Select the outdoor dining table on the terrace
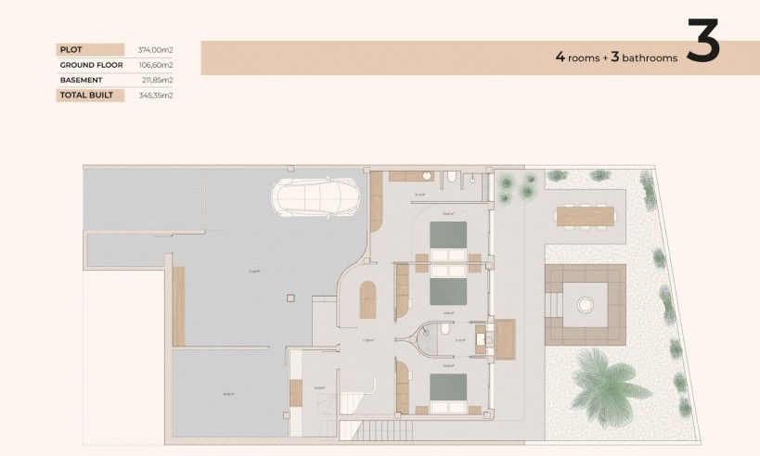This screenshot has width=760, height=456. pyautogui.click(x=585, y=216)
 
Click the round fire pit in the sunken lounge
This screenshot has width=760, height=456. pyautogui.click(x=585, y=302)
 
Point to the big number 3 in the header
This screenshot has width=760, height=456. pyautogui.click(x=702, y=42)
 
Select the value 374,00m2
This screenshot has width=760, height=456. pyautogui.click(x=155, y=49)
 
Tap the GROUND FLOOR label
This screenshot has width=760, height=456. pyautogui.click(x=91, y=65)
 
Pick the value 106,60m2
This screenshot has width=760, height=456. pyautogui.click(x=155, y=65)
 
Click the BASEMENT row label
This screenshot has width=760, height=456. pyautogui.click(x=80, y=80)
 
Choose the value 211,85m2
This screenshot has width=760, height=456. pyautogui.click(x=155, y=80)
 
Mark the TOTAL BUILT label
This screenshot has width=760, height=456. pyautogui.click(x=85, y=95)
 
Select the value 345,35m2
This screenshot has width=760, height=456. pyautogui.click(x=155, y=95)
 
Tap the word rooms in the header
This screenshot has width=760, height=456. pyautogui.click(x=585, y=57)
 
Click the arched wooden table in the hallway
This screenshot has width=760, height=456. pyautogui.click(x=367, y=298)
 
